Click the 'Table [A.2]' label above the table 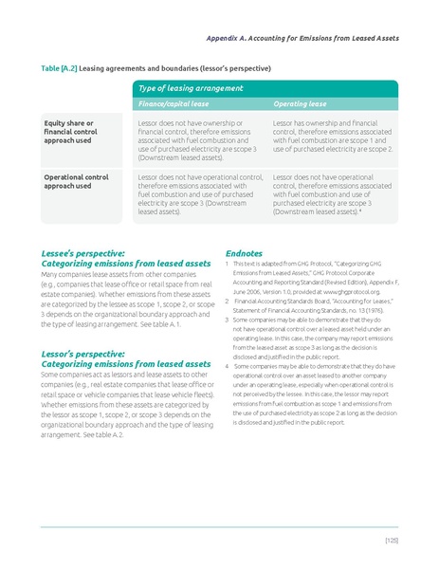58,69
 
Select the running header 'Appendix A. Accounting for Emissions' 302,38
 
